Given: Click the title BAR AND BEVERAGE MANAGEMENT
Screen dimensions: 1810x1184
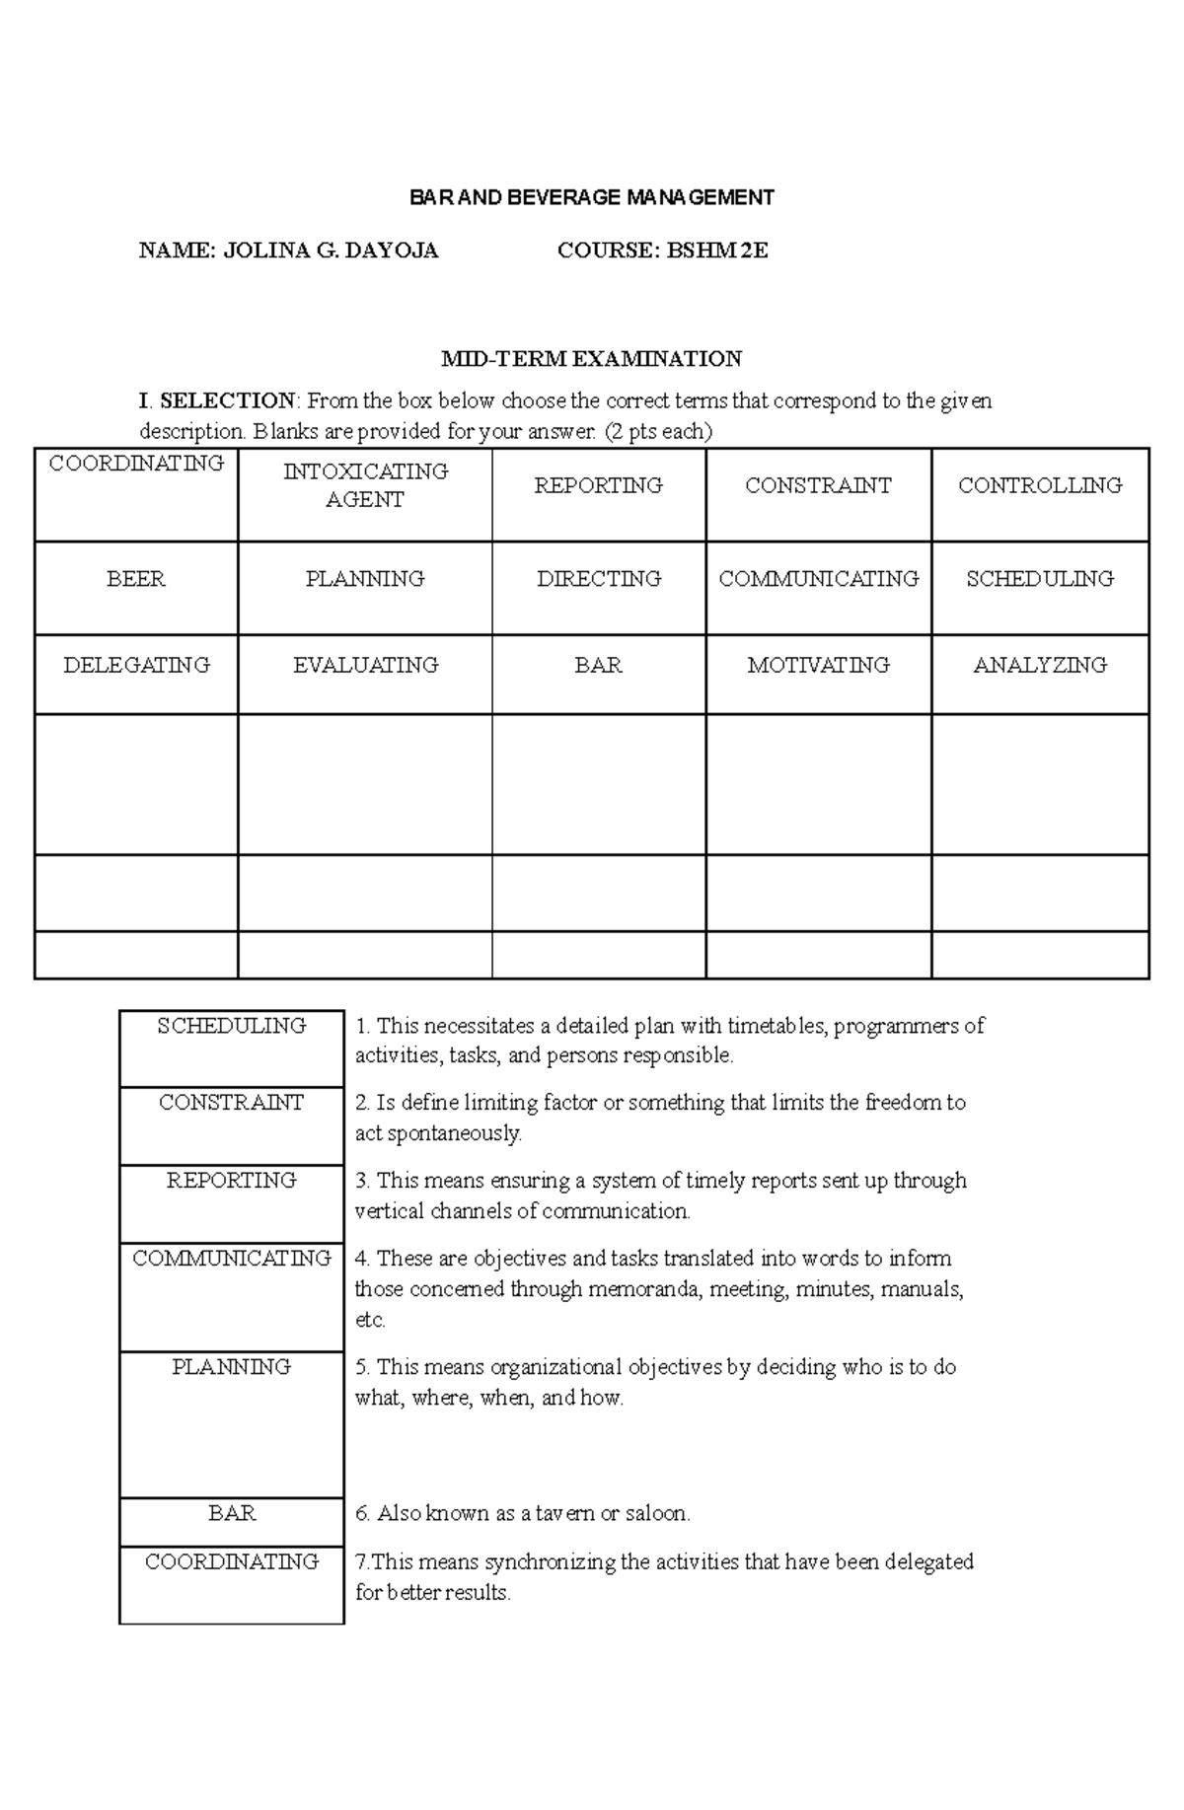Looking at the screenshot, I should pos(592,197).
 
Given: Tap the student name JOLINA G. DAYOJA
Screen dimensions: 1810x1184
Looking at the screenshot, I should pos(331,251).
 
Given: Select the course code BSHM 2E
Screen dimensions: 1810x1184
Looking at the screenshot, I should pos(717,251).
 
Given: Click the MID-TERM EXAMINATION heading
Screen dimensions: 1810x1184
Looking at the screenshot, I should pos(591,358).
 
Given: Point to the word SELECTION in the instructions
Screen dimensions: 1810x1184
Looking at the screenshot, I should pos(227,400).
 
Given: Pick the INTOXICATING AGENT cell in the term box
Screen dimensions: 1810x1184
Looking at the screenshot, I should pos(365,485).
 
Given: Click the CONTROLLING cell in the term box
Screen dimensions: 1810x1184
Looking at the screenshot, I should pos(1040,485).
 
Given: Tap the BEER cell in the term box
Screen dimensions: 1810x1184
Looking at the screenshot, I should pos(136,579).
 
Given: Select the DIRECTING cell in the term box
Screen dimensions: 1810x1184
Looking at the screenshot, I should pos(599,579).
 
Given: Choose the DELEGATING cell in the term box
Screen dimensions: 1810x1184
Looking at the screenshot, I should pos(136,666).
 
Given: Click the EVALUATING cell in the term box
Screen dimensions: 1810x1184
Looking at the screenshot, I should pos(365,666).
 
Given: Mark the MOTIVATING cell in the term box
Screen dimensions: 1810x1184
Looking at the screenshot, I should pos(818,666).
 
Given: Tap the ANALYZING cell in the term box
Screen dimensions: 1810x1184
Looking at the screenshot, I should pos(1040,666).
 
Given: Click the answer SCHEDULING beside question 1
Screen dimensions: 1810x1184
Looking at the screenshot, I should pos(232,1026).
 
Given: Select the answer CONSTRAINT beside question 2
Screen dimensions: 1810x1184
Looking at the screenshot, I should pos(232,1103).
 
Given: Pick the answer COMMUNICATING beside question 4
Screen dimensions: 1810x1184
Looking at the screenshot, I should pos(232,1259).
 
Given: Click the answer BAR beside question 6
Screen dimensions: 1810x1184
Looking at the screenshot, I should pos(232,1513).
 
